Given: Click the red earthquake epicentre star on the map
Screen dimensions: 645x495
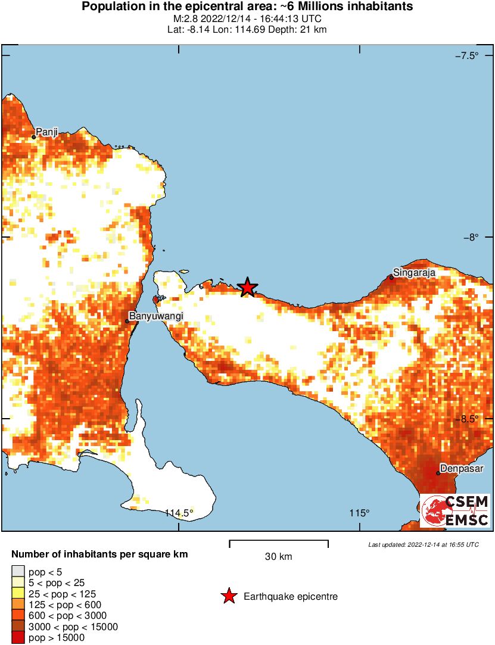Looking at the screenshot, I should [248, 288].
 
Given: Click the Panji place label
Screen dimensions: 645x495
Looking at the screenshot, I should [46, 132].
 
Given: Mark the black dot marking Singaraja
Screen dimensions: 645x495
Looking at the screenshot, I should [391, 278].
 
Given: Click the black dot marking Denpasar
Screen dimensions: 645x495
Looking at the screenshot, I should [438, 473].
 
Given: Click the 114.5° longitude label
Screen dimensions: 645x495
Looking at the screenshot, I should [179, 513].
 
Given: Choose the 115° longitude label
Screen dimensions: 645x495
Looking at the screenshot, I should [359, 513].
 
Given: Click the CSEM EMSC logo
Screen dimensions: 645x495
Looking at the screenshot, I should [455, 510].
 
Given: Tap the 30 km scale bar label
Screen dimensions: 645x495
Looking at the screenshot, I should [278, 557].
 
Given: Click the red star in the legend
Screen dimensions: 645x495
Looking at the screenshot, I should [228, 596].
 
